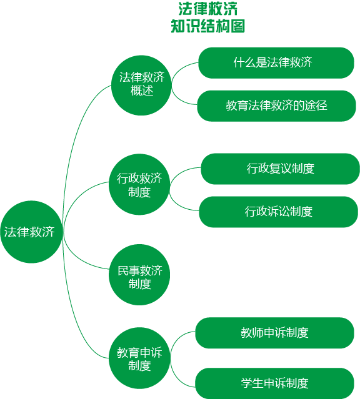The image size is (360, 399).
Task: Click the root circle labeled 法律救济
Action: coord(31,232)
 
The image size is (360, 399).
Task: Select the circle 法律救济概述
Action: coord(141,86)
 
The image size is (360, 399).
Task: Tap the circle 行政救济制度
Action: coord(139,184)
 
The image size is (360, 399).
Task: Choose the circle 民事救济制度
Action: coord(139,275)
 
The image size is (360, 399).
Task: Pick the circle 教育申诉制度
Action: coord(139,358)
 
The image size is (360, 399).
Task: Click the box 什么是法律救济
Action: coord(276,63)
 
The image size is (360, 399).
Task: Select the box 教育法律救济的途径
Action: coord(276,106)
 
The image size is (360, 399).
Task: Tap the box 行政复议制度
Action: coord(280,169)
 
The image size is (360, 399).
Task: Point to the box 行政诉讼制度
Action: coord(279,212)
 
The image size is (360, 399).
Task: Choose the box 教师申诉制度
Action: coord(274,333)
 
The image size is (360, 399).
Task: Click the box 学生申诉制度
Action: coord(274,383)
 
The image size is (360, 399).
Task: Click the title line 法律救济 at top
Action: coord(208,9)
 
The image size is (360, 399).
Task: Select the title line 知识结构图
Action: coord(208,26)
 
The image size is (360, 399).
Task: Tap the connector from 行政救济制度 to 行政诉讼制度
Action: coord(178,205)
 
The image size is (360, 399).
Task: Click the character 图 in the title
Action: coord(237,26)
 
